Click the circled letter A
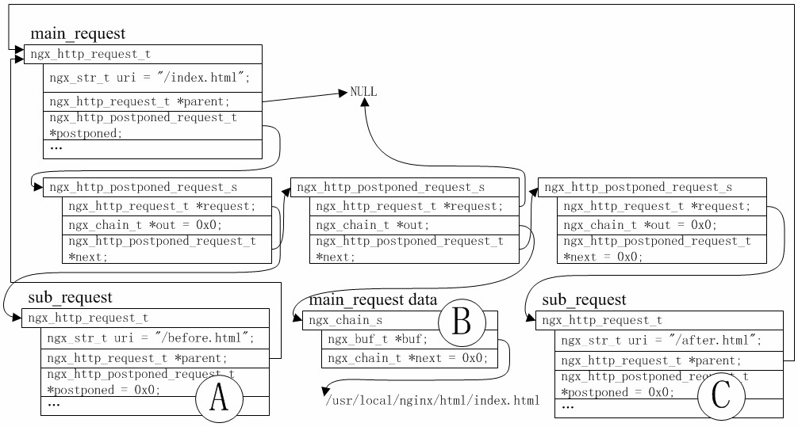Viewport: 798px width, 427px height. coord(219,397)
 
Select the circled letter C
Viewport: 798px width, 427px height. coord(720,395)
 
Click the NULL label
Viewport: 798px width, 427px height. coord(363,92)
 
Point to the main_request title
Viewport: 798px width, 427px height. coord(77,34)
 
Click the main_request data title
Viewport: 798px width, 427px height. coord(373,300)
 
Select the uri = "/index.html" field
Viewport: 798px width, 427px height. coord(150,78)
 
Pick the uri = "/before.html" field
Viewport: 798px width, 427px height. coord(150,338)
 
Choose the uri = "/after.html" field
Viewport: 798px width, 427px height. coord(661,341)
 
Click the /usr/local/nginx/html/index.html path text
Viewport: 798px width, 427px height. coord(432,400)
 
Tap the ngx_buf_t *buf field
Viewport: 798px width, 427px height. coord(378,339)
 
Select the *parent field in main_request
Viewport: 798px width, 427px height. coord(152,102)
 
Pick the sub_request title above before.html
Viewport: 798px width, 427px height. coord(70,298)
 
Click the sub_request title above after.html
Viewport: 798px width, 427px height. coord(584,300)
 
